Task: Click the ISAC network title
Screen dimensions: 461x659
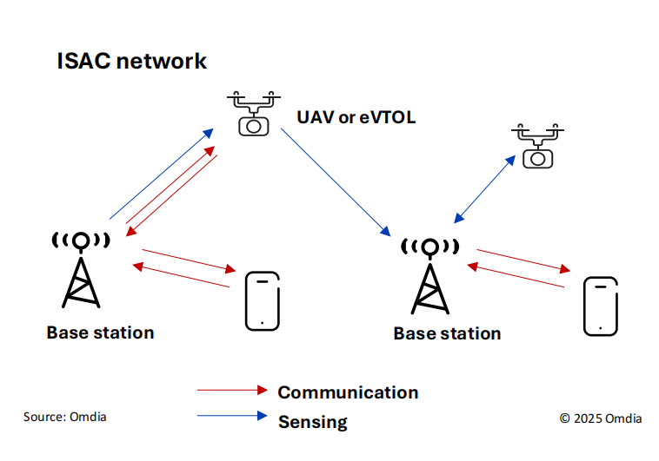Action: [131, 62]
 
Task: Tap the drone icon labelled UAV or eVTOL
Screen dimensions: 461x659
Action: [253, 111]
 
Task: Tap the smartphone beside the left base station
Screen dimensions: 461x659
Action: [263, 300]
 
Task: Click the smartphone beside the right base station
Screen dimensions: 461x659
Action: [600, 306]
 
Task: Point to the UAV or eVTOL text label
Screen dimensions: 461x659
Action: [356, 116]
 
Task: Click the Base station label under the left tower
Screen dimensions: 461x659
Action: [100, 333]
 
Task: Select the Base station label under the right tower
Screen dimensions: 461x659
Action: [447, 333]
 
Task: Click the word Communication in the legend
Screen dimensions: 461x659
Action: [348, 392]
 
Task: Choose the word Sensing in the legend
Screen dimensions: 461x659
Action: [312, 423]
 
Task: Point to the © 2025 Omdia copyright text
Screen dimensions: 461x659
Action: [601, 418]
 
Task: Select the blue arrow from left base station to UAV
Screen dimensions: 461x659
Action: [161, 175]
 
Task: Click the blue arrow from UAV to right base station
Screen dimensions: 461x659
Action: [335, 181]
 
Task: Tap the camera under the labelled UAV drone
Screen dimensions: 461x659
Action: [253, 125]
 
